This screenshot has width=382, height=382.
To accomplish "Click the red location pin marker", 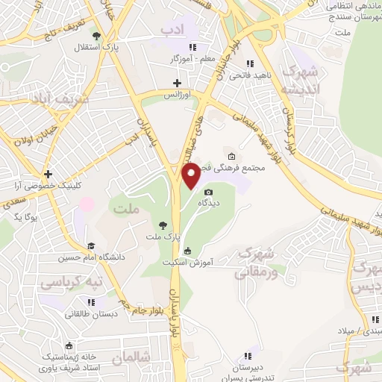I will tap(192, 175).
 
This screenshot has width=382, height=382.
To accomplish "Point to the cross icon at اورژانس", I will tap(177, 83).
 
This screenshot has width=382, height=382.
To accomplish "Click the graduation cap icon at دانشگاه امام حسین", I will tap(90, 245).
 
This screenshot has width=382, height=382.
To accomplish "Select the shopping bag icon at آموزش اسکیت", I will tap(187, 251).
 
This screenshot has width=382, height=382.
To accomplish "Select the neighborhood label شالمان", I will tap(131, 359).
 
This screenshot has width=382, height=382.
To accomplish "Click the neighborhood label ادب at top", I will tap(172, 28).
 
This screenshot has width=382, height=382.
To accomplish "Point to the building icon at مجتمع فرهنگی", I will tap(231, 157).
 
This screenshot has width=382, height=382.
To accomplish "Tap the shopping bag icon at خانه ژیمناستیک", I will tap(69, 345).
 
